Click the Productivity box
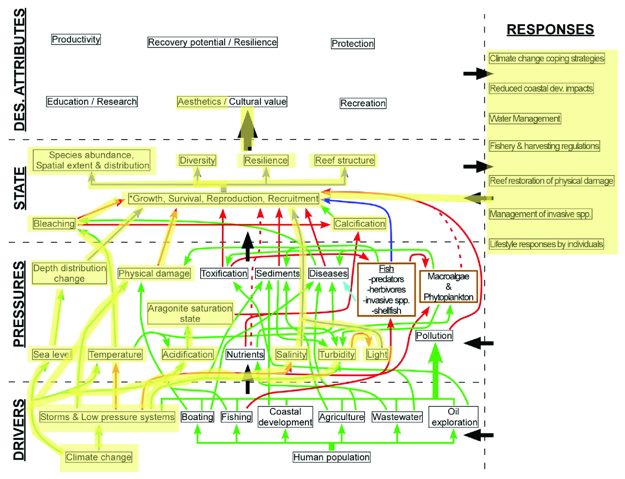coord(76,39)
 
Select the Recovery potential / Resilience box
coord(213,42)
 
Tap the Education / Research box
coord(92,102)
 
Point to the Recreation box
coord(363,103)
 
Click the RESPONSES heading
coord(550,30)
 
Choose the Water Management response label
coord(525,119)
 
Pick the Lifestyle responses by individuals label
coord(546,244)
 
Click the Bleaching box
coord(54,224)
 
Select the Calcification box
coord(360,224)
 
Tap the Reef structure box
coord(345,160)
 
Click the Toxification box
coord(224,273)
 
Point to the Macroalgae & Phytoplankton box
coord(448,286)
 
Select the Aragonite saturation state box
coord(190,314)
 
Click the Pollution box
coord(434,335)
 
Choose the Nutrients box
coord(245,354)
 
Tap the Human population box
coord(332,457)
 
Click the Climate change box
coord(99,457)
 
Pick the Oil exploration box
coord(454,417)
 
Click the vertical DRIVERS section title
coord(19,430)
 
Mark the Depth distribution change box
coord(69,273)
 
